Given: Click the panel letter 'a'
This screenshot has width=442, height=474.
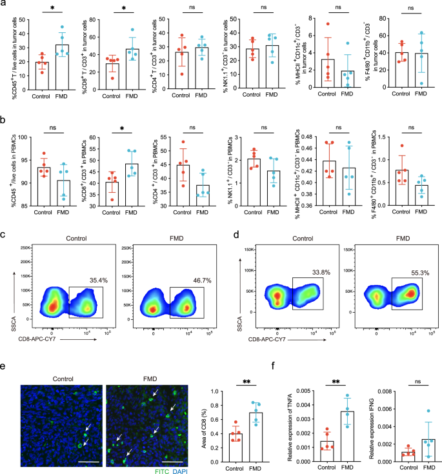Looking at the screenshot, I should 6,5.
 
